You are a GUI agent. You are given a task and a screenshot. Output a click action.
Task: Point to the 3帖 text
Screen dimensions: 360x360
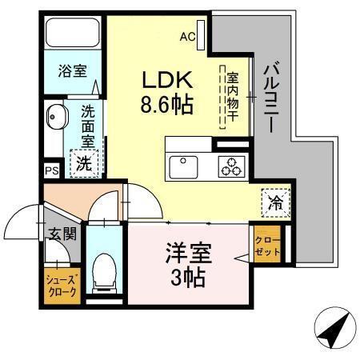189,278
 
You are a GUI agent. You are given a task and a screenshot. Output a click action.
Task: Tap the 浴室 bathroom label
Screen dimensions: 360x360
72,70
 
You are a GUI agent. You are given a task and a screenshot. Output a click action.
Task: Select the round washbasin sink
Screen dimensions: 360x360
55,118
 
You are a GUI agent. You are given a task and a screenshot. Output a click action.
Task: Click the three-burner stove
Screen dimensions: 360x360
232,166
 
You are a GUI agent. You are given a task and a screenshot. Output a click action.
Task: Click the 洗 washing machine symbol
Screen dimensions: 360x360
84,163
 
